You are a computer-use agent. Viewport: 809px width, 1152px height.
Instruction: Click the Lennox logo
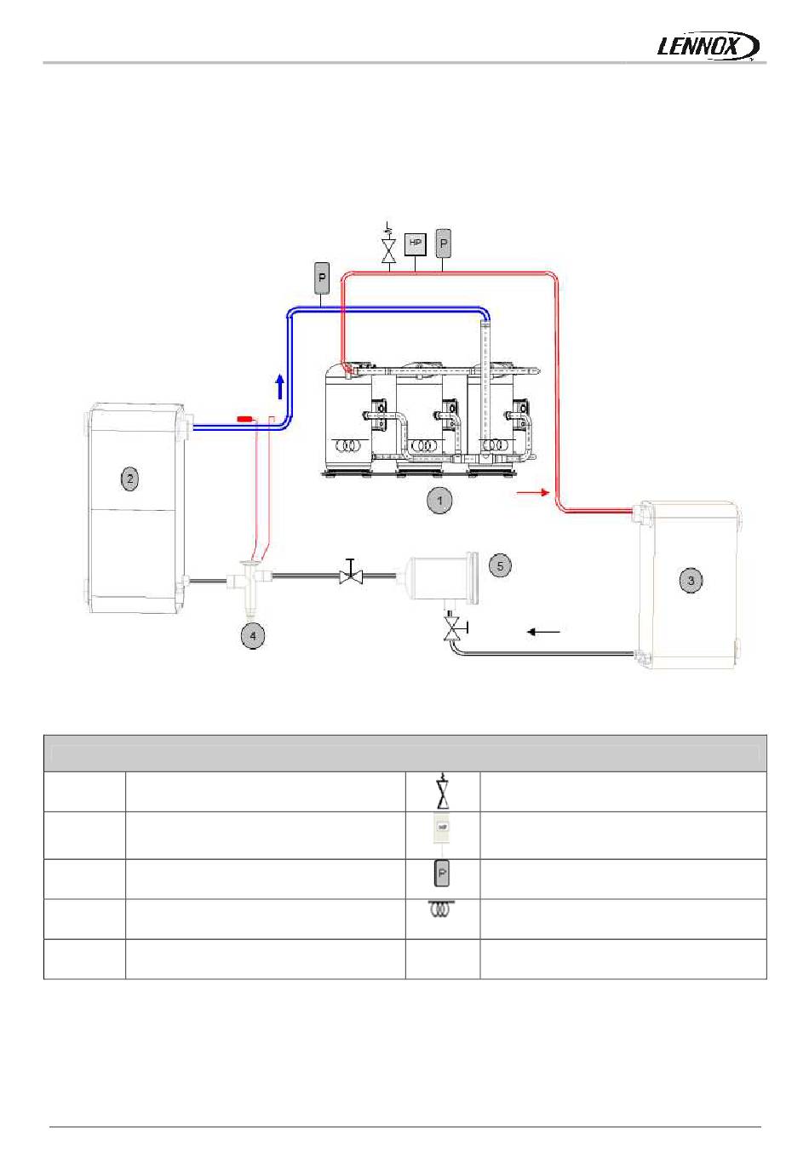coord(709,46)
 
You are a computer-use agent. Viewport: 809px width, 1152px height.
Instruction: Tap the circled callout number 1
coord(439,501)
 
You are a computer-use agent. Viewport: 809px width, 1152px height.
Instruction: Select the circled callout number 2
coord(129,479)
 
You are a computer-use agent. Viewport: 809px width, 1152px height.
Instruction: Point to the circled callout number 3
coord(691,581)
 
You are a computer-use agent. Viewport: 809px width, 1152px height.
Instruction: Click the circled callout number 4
coord(252,635)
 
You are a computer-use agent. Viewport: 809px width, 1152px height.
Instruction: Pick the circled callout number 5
coord(501,565)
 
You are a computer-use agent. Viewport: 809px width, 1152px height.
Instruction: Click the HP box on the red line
coord(415,244)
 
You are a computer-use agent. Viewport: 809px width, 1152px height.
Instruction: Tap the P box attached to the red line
coord(444,244)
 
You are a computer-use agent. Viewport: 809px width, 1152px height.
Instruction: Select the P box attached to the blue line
coord(322,278)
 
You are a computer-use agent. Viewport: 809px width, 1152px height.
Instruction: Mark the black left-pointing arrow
coord(543,632)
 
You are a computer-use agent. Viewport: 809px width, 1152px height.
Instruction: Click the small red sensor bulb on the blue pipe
coord(244,419)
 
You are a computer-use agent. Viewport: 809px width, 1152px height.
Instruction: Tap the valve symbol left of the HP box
coord(389,249)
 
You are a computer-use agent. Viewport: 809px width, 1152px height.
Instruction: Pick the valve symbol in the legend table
coord(442,793)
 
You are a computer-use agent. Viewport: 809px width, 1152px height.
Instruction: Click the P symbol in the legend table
coord(442,874)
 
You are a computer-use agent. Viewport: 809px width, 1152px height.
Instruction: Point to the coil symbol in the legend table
coord(442,910)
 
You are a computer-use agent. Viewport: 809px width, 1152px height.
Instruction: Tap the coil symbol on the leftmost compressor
coord(347,445)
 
